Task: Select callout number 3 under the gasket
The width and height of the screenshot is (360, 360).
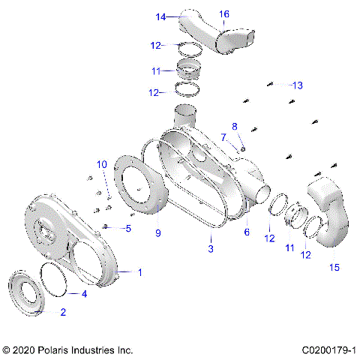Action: tap(211, 248)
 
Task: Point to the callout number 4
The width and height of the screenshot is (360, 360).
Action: tap(84, 294)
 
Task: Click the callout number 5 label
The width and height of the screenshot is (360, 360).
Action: tap(127, 228)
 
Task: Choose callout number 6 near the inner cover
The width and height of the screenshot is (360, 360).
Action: tap(245, 232)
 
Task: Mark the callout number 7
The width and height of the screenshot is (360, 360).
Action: tap(223, 136)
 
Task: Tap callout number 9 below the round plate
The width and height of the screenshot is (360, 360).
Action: tap(158, 232)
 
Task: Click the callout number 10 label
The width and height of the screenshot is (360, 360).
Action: tap(101, 163)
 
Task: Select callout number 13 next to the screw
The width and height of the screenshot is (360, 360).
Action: tap(298, 85)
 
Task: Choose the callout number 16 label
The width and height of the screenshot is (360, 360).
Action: tap(224, 14)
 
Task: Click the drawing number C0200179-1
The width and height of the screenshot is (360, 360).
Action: tap(328, 350)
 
